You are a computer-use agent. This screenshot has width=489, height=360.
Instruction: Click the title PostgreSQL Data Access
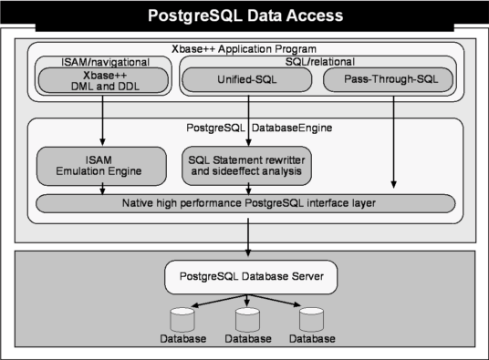pyautogui.click(x=245, y=15)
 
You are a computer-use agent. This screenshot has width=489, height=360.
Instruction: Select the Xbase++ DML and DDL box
pyautogui.click(x=103, y=80)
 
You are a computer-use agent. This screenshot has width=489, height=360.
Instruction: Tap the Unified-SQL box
pyautogui.click(x=246, y=79)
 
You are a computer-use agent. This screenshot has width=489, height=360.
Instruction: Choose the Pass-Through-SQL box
pyautogui.click(x=388, y=79)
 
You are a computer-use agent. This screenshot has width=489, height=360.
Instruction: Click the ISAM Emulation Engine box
pyautogui.click(x=101, y=166)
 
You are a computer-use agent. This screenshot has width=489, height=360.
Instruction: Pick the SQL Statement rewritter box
pyautogui.click(x=246, y=166)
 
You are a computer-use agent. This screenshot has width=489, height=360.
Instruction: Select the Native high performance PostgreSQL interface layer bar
pyautogui.click(x=245, y=203)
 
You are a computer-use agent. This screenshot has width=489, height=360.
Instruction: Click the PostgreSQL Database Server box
pyautogui.click(x=251, y=277)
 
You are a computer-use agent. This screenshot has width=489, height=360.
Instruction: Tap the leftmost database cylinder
pyautogui.click(x=182, y=320)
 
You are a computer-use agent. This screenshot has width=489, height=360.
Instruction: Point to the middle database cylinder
pyautogui.click(x=247, y=320)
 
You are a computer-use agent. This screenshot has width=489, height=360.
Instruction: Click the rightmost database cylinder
pyautogui.click(x=311, y=320)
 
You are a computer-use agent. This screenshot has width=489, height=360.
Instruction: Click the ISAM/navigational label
pyautogui.click(x=106, y=62)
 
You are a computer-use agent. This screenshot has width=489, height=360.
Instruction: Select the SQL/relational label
pyautogui.click(x=320, y=61)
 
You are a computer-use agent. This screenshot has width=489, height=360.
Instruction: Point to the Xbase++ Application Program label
pyautogui.click(x=244, y=49)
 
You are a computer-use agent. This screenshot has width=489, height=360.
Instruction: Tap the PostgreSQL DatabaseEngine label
pyautogui.click(x=259, y=128)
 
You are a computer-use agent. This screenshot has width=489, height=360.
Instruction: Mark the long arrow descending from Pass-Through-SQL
pyautogui.click(x=393, y=142)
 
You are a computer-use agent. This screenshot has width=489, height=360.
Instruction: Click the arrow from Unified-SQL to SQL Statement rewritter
pyautogui.click(x=248, y=120)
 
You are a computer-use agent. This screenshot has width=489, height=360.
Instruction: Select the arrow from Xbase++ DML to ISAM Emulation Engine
pyautogui.click(x=102, y=120)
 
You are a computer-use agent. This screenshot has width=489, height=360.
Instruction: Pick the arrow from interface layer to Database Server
pyautogui.click(x=248, y=237)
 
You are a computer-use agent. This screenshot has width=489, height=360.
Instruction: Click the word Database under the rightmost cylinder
pyautogui.click(x=312, y=339)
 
